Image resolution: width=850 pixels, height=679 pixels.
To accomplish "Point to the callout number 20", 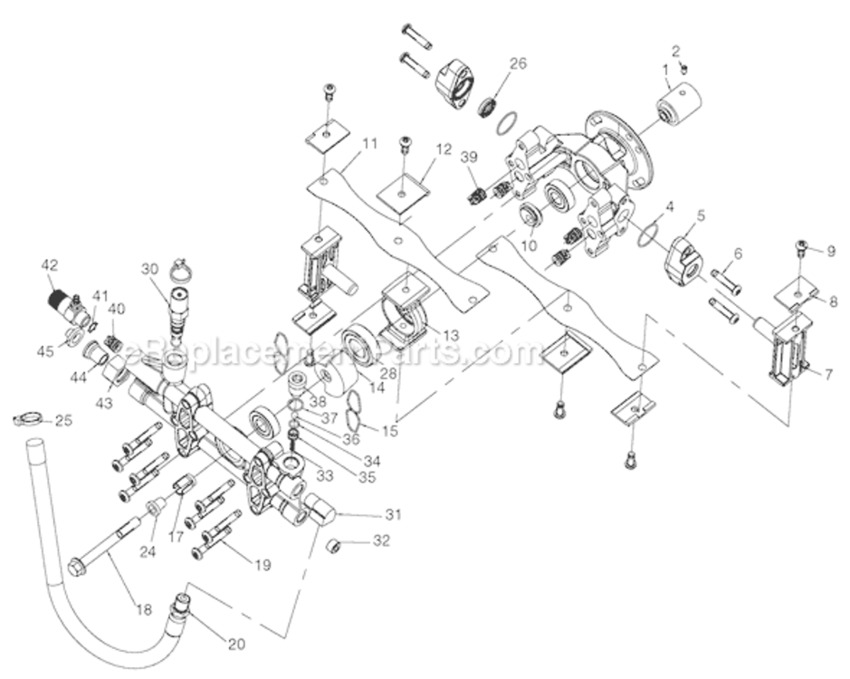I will pos(236,645).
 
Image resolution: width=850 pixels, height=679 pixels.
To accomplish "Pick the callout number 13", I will pos(450,335).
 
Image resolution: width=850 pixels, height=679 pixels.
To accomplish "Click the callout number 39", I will pos(468,157).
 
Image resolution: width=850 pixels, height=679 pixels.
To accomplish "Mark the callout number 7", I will pos(827,374).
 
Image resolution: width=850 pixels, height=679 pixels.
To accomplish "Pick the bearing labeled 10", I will pos(529,217).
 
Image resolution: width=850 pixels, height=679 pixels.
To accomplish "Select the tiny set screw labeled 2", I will pos(685,68).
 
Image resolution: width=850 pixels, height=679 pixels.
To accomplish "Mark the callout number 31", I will pos(392,515).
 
